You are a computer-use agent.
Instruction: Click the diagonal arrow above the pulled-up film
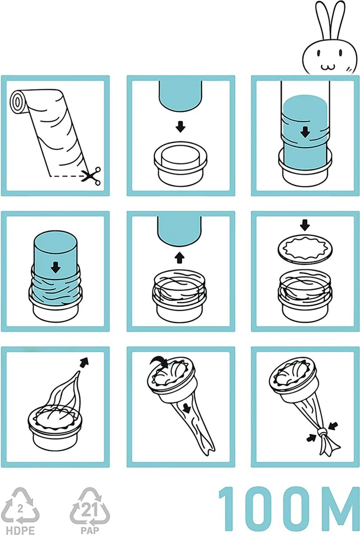click(x=84, y=362)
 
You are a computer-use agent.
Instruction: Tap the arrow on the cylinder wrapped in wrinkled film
click(x=55, y=267)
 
